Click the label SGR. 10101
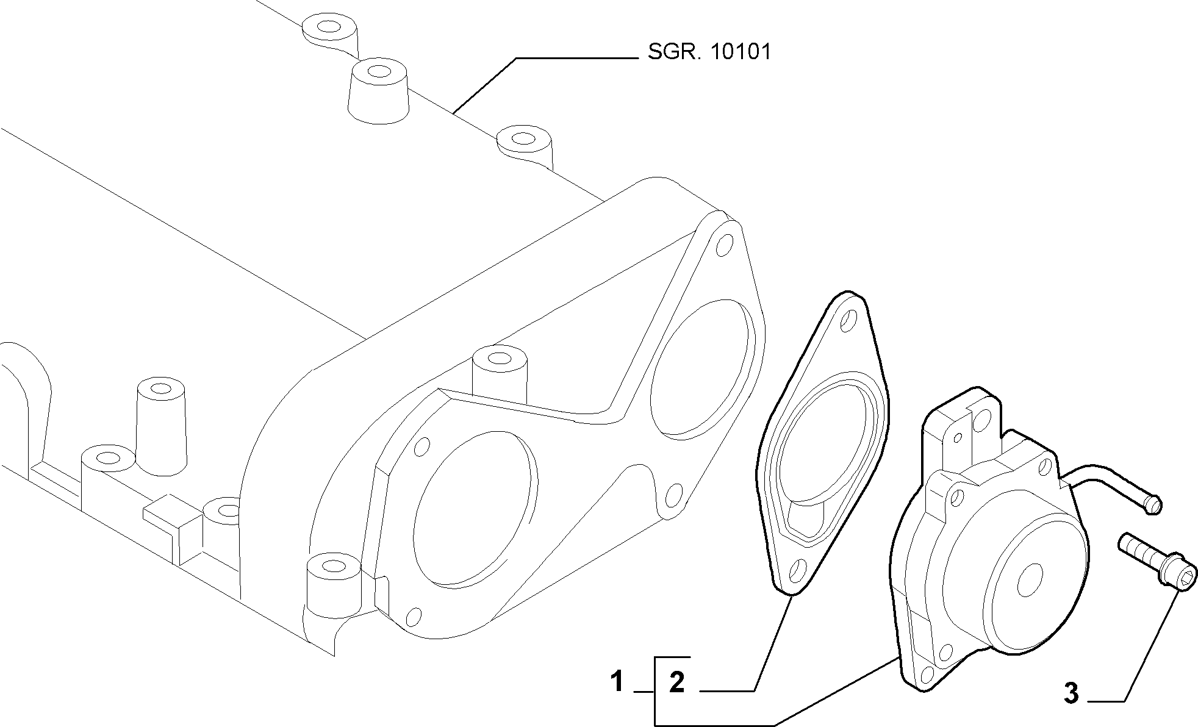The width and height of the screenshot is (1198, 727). click(x=709, y=52)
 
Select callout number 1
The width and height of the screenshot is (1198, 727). click(x=617, y=681)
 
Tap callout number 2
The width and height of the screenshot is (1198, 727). click(x=677, y=683)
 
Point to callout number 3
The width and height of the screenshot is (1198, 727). click(x=1071, y=693)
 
